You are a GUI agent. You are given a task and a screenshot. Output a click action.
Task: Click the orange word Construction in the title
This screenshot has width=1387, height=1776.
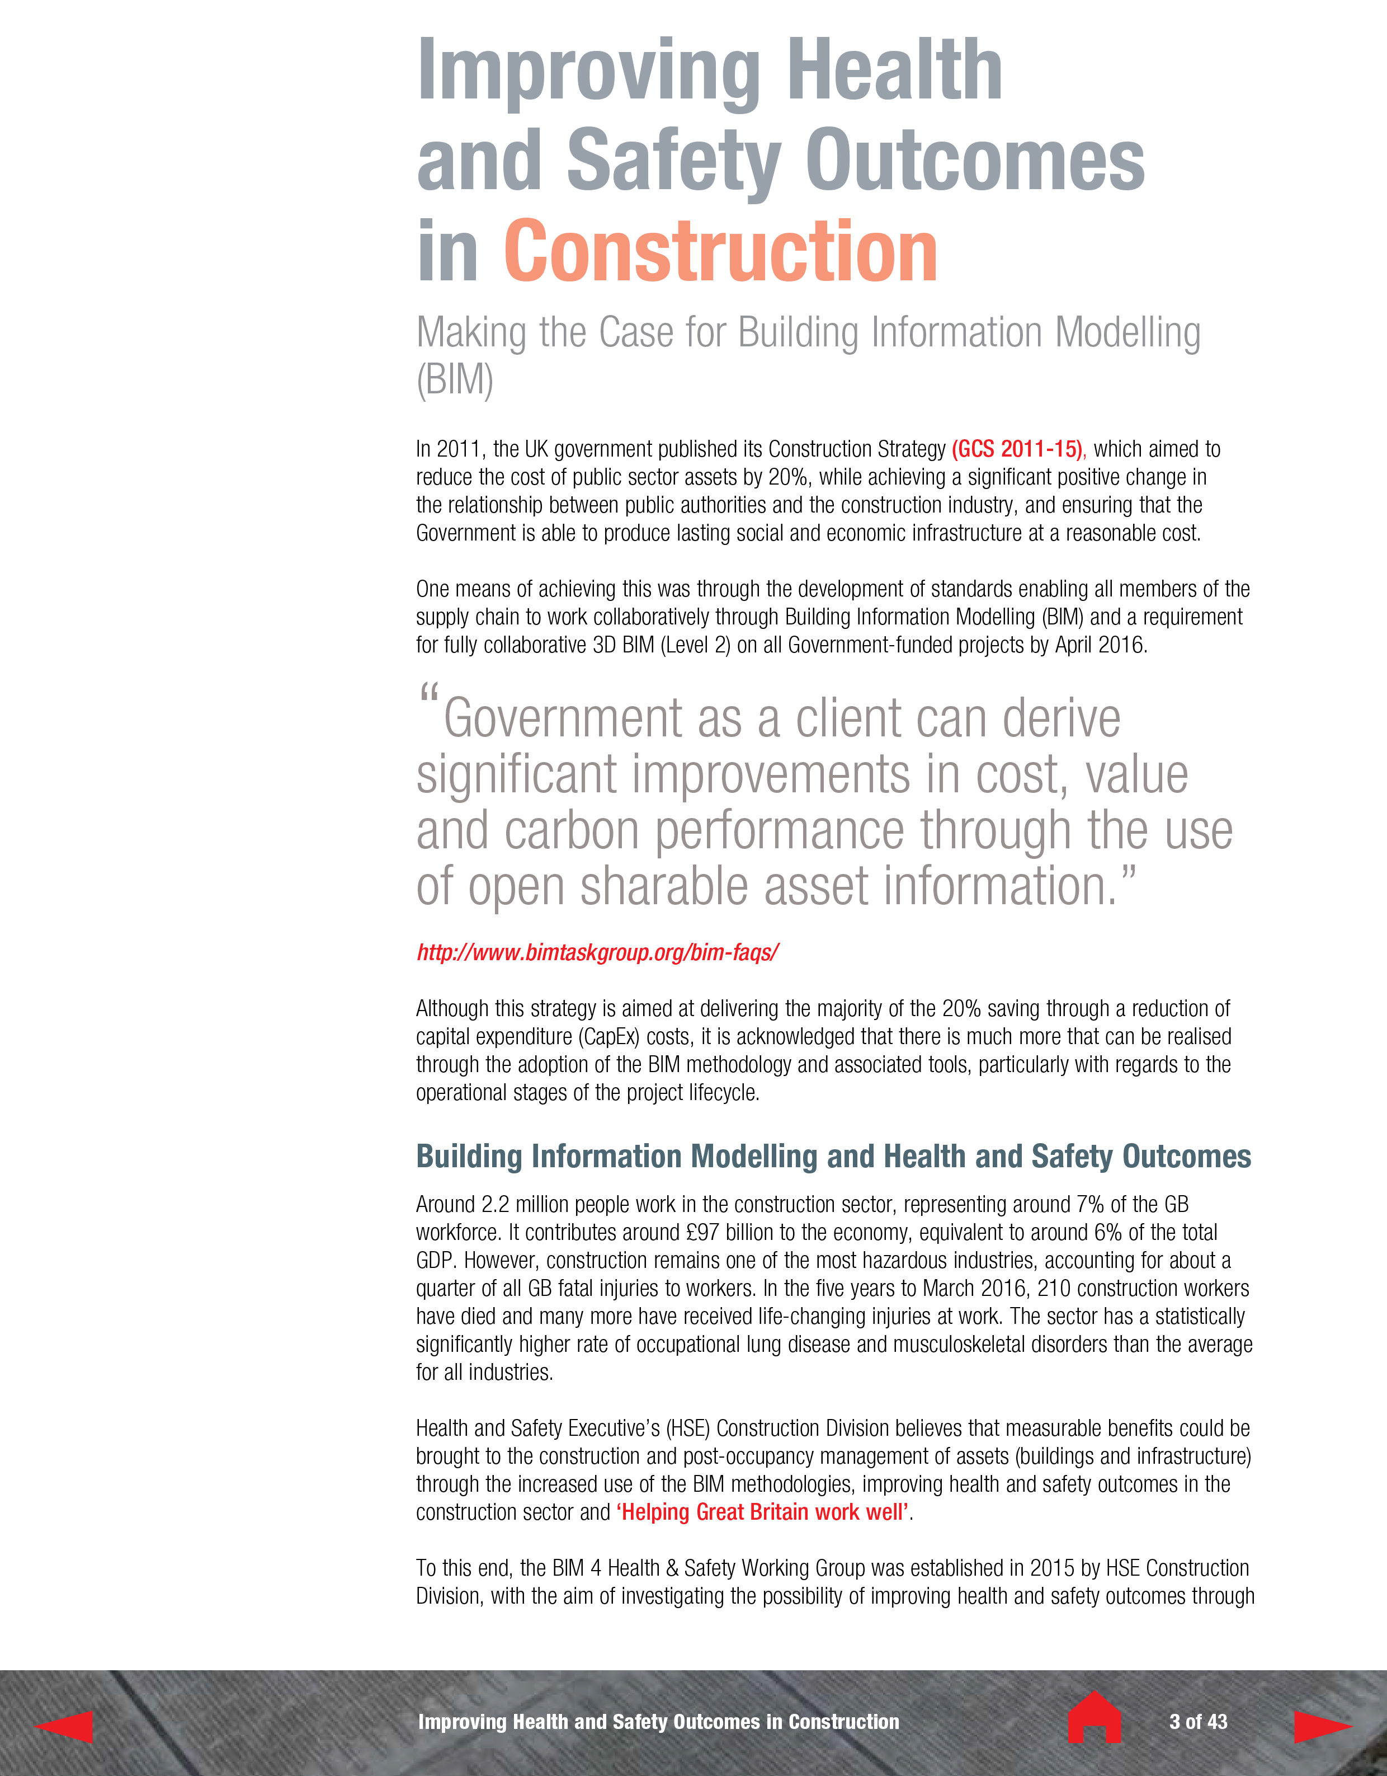[720, 252]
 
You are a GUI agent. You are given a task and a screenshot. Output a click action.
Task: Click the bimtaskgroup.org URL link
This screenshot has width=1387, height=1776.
[597, 952]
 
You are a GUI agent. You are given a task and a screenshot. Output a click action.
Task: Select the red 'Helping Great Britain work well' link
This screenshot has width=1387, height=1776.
[763, 1512]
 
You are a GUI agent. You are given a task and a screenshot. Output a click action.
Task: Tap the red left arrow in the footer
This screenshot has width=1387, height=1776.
[65, 1726]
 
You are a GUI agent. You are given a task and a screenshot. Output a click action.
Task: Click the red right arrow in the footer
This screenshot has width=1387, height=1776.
[1321, 1726]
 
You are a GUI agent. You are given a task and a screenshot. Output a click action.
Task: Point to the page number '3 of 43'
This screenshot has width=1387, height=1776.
[1197, 1722]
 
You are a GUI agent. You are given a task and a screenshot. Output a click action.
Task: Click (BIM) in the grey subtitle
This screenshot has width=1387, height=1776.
[455, 380]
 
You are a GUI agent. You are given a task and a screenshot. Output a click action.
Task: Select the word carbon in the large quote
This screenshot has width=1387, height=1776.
[572, 830]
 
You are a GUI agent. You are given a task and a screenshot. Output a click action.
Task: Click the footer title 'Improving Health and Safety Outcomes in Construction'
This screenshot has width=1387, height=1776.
[658, 1722]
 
